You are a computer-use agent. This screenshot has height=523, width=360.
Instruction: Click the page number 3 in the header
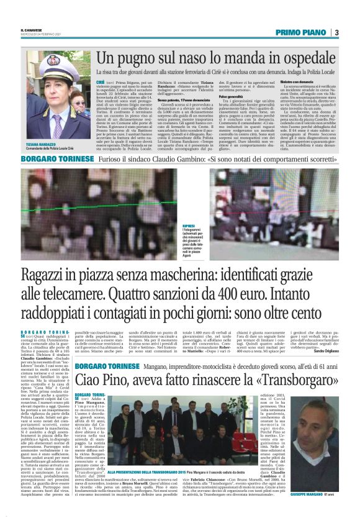point(336,32)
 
